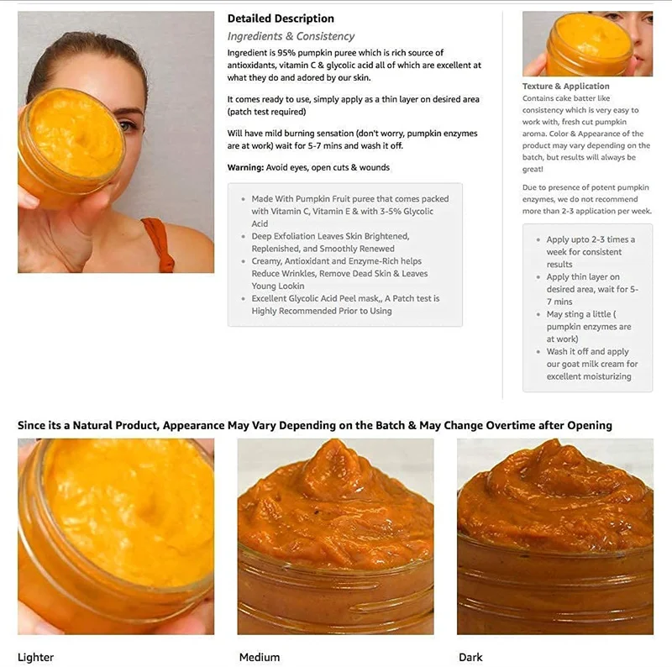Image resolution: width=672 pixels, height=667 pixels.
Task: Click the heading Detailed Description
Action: click(x=281, y=18)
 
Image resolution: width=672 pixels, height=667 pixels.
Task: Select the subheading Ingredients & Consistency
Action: click(x=291, y=36)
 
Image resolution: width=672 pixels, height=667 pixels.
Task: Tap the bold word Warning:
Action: click(x=245, y=167)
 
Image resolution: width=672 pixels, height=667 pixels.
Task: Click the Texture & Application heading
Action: click(x=565, y=86)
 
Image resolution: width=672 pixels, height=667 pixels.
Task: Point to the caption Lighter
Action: click(x=35, y=657)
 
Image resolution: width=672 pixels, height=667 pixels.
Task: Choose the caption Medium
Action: click(x=260, y=657)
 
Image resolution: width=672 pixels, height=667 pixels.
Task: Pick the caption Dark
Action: click(x=470, y=657)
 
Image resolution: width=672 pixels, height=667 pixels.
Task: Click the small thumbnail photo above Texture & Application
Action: click(x=587, y=44)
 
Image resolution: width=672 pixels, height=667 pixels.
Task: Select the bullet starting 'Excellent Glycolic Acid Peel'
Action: click(x=344, y=304)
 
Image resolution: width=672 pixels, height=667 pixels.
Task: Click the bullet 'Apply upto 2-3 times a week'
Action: click(x=590, y=251)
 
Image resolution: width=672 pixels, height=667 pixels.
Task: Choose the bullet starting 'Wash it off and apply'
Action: click(x=591, y=364)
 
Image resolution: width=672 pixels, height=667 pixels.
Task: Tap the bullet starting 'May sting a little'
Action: click(x=588, y=327)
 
